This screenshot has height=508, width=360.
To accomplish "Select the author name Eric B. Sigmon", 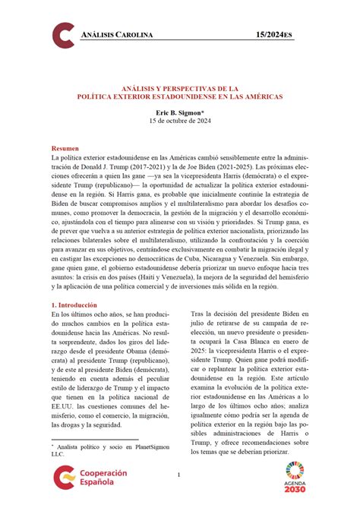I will [179, 111].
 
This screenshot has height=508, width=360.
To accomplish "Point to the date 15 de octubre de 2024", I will [179, 120].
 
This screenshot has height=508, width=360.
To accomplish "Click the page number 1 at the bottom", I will [179, 476].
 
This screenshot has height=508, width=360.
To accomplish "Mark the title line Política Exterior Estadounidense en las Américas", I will [179, 97].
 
